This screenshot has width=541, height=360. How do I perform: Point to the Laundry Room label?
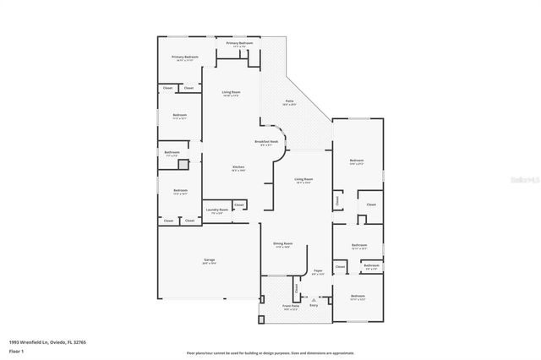(x=217, y=211)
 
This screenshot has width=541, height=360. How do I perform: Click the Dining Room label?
(x=282, y=245)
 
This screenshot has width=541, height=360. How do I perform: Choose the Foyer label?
(x=318, y=272)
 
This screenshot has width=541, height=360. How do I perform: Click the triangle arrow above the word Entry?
(x=314, y=298)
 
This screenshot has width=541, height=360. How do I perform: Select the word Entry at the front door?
(x=314, y=305)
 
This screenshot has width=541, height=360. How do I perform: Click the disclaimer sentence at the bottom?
(x=270, y=352)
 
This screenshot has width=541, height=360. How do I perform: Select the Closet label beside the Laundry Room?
(x=239, y=205)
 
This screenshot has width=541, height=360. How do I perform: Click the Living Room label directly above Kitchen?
(x=232, y=93)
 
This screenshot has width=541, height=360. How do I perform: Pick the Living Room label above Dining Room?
(x=303, y=180)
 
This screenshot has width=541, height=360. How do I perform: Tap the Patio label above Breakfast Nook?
(x=288, y=102)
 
